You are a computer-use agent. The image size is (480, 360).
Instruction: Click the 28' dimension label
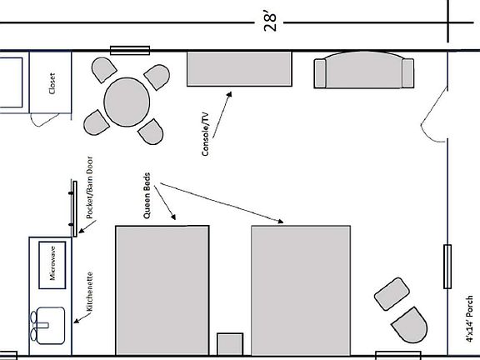click(x=270, y=22)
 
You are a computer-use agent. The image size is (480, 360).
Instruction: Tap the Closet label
click(x=52, y=83)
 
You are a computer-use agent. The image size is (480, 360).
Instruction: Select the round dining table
click(x=127, y=102)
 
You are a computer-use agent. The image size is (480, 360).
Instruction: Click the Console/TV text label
click(x=206, y=134)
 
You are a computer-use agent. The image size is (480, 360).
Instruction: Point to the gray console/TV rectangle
click(x=239, y=69)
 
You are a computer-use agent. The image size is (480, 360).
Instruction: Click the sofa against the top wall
click(x=364, y=70)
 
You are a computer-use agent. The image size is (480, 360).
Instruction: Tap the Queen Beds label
click(x=147, y=195)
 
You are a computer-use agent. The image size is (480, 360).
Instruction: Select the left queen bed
click(x=162, y=291)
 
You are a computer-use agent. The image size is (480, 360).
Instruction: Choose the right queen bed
click(x=301, y=291)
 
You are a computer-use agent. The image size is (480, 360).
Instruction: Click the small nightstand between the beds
click(x=230, y=344)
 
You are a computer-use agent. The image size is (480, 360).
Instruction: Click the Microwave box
click(x=52, y=265)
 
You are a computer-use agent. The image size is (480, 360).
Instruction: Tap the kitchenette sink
click(x=47, y=325)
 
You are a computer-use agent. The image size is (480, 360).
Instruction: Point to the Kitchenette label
click(x=89, y=292)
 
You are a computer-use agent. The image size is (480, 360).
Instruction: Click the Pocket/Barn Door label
click(x=89, y=187)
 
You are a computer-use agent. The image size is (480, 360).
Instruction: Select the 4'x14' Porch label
click(x=469, y=318)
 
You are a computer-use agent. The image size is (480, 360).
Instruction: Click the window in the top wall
click(x=130, y=51)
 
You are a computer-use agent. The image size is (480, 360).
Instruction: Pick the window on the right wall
click(x=447, y=267)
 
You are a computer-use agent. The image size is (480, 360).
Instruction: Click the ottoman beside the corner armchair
click(x=392, y=294)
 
